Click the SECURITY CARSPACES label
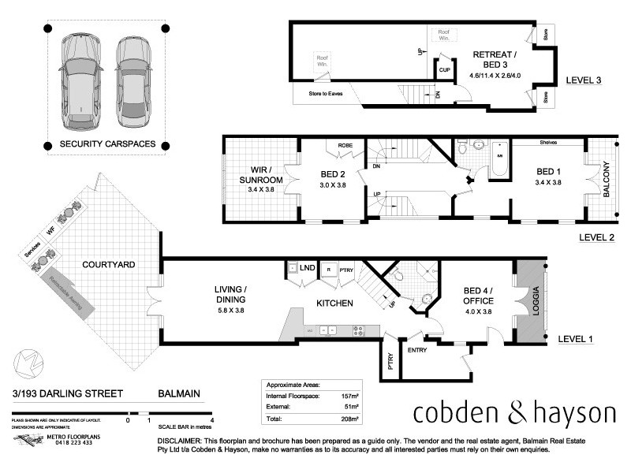(x=108, y=145)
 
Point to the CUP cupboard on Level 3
(x=444, y=69)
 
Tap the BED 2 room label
(x=332, y=175)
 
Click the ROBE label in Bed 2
(x=345, y=145)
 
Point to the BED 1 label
(x=549, y=171)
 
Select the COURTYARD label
(x=112, y=265)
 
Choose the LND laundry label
(x=308, y=269)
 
